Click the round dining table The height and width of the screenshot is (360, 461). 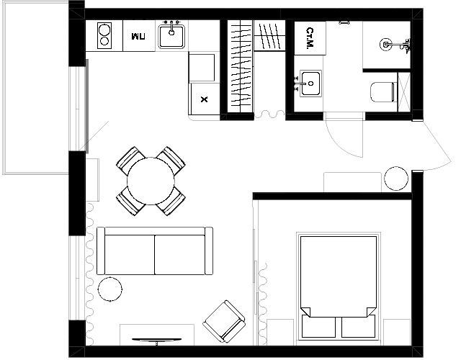tap(151, 181)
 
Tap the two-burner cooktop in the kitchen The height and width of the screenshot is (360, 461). tap(104, 35)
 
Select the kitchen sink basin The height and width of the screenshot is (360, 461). tap(171, 36)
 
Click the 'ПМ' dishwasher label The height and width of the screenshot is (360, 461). tap(138, 37)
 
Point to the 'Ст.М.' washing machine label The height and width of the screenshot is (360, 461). tap(310, 38)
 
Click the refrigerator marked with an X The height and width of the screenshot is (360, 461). tap(205, 99)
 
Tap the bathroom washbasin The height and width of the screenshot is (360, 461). tap(310, 84)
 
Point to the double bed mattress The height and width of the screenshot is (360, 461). tap(339, 276)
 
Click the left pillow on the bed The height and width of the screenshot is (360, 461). tap(318, 326)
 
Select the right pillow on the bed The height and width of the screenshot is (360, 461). tap(359, 326)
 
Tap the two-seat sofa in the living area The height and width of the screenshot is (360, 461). tap(155, 251)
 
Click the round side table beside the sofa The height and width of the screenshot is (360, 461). tap(110, 289)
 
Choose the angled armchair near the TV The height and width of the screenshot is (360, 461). tap(224, 321)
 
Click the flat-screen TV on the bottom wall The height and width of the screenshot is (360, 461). tap(156, 341)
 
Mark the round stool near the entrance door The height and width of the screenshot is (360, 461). tap(396, 179)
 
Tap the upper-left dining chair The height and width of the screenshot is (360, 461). tap(130, 160)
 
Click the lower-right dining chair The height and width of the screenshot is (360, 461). tap(171, 202)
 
